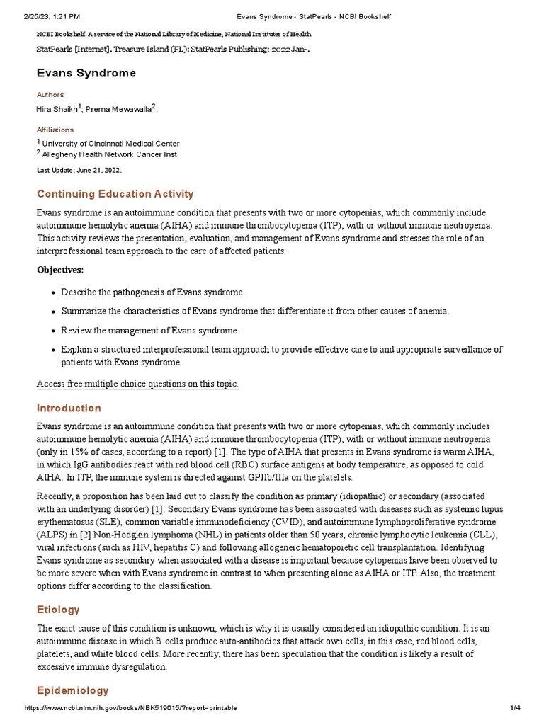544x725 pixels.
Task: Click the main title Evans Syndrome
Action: [x=86, y=74]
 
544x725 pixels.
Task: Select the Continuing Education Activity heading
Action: [x=115, y=194]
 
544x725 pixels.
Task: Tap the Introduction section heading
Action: [x=69, y=408]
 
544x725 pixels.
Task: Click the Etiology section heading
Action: [x=58, y=610]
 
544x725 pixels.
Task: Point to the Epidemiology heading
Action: [x=73, y=690]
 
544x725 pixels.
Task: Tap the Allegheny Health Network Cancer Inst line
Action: [x=110, y=154]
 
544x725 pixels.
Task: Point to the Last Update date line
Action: [x=79, y=171]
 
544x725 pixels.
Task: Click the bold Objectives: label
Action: [x=60, y=270]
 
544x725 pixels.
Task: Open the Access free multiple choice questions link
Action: [x=137, y=384]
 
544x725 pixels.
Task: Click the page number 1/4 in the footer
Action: [x=515, y=708]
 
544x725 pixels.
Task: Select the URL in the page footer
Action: [x=130, y=708]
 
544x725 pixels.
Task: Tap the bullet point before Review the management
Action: [x=54, y=331]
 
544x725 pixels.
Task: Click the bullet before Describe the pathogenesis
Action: [x=54, y=292]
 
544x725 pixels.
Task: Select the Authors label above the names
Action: [x=50, y=94]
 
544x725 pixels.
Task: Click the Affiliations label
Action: [x=55, y=130]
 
